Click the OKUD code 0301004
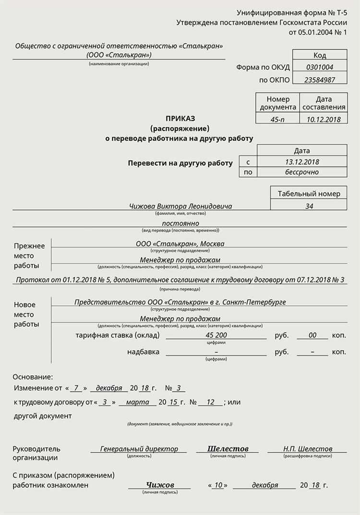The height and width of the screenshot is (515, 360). [320, 67]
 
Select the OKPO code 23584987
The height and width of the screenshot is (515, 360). [320, 80]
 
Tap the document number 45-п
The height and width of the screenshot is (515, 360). [277, 120]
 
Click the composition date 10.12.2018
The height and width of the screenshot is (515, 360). [324, 120]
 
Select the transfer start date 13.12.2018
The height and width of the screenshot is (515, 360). [302, 162]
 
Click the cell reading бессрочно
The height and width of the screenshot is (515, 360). [302, 172]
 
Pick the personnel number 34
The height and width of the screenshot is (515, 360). [309, 206]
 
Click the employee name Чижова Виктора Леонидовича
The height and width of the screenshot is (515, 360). [180, 206]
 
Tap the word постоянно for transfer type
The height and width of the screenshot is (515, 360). [180, 223]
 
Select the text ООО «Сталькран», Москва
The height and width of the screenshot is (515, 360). [180, 244]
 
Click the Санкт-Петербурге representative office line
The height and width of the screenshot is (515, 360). [180, 302]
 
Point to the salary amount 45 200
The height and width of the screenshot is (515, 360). [216, 335]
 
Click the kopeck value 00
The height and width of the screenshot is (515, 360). [312, 335]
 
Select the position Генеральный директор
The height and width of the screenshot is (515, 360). [139, 449]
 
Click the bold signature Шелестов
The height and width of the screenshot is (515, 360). [228, 449]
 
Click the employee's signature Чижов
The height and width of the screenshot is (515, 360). [160, 485]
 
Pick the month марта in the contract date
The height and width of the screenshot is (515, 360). [137, 402]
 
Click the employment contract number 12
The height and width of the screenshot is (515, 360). [210, 402]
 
